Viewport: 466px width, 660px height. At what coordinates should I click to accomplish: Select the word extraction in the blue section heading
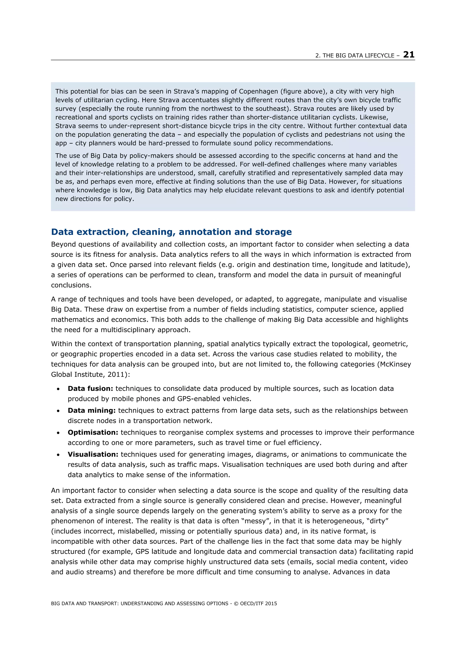click(x=102, y=232)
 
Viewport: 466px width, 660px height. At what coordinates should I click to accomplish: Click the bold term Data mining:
click(x=92, y=410)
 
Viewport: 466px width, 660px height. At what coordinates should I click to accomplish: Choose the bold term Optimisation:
click(x=93, y=432)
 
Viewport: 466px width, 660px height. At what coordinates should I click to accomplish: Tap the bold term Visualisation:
click(x=93, y=454)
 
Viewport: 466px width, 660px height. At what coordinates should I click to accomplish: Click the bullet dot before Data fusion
click(x=58, y=389)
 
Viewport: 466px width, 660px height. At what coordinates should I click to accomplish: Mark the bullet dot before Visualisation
click(x=58, y=455)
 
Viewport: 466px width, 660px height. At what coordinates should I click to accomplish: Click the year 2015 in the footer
click(x=271, y=603)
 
